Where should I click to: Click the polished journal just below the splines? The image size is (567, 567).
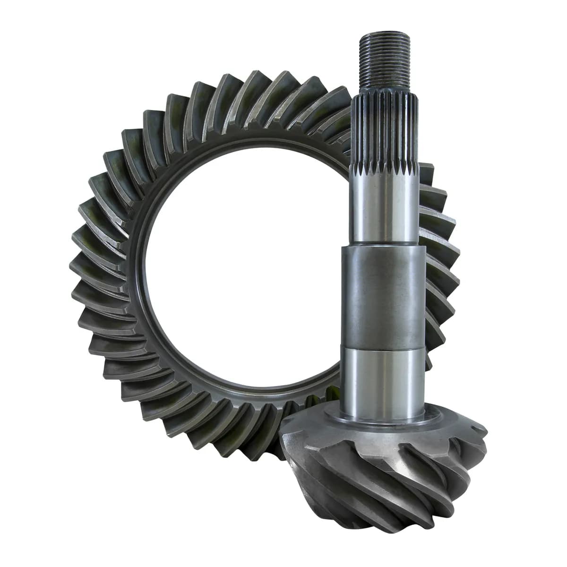(x=384, y=208)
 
